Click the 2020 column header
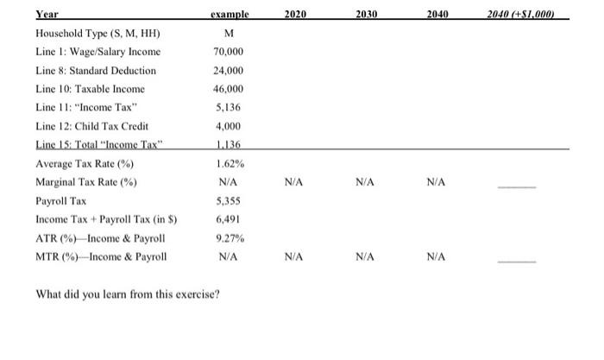(295, 15)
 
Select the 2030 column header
(367, 15)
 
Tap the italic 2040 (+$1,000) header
(520, 15)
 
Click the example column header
(230, 15)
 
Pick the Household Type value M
(229, 33)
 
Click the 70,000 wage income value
(229, 52)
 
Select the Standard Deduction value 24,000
(229, 71)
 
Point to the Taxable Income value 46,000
(229, 89)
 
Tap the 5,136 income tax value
(228, 108)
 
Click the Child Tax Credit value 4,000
(228, 126)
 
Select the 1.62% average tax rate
(230, 164)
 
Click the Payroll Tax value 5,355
(228, 201)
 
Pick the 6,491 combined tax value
(228, 219)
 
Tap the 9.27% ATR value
(230, 238)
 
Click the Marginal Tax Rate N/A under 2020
(293, 182)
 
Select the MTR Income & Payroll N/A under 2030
(365, 257)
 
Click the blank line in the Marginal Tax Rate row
(517, 187)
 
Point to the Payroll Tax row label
(61, 201)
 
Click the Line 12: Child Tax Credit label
(92, 126)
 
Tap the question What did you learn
(128, 294)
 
